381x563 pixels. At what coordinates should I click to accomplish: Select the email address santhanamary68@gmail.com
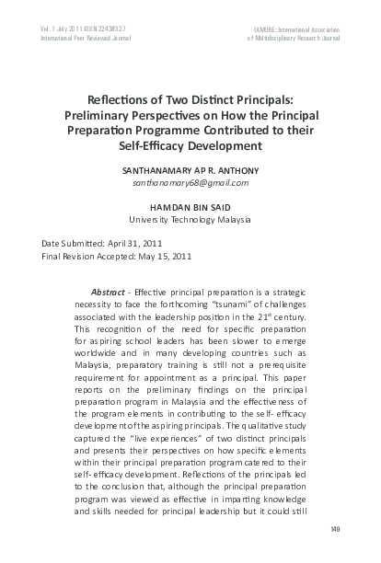click(x=190, y=185)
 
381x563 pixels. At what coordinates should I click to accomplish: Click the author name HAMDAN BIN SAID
click(x=190, y=209)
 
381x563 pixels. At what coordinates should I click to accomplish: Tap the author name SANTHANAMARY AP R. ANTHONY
click(x=190, y=172)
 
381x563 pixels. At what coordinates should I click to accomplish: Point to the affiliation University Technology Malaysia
click(x=190, y=222)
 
